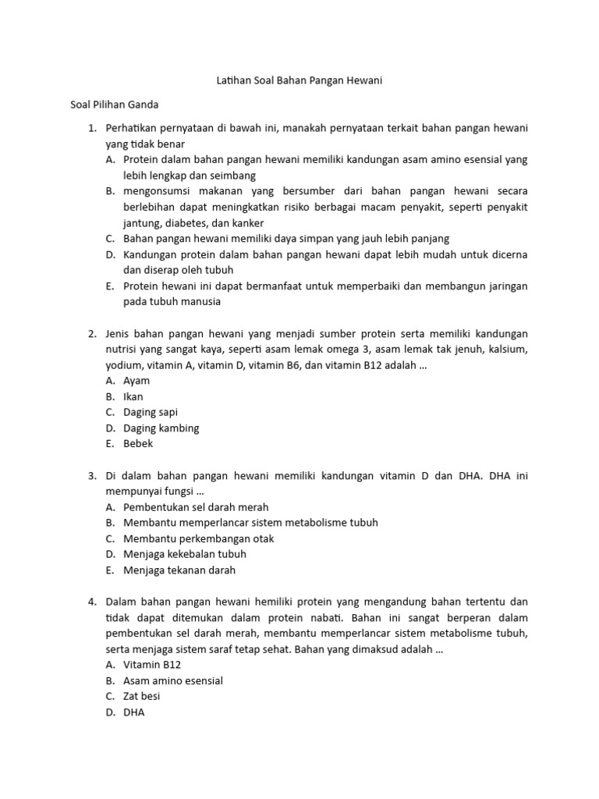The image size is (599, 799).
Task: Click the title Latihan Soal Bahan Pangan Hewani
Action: tap(299, 80)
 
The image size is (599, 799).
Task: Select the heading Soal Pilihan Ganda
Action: tap(115, 103)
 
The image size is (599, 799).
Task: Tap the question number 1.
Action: tap(91, 127)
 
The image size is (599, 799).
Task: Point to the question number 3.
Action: tap(91, 475)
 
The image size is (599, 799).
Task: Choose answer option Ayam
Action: tap(136, 381)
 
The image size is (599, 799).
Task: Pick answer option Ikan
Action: tap(133, 396)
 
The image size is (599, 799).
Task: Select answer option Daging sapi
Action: tap(151, 412)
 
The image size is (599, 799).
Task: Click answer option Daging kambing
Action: tap(161, 428)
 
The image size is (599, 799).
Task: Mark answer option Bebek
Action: tap(138, 443)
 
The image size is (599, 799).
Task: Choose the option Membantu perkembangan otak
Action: tap(198, 538)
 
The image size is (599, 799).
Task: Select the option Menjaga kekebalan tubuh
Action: tap(185, 554)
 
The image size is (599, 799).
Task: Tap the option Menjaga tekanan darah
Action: tap(179, 570)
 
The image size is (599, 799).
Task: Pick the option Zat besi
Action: tap(141, 696)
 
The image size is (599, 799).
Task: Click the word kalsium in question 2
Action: tap(506, 349)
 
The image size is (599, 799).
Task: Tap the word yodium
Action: tap(124, 364)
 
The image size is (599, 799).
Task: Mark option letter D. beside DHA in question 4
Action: tap(111, 712)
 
